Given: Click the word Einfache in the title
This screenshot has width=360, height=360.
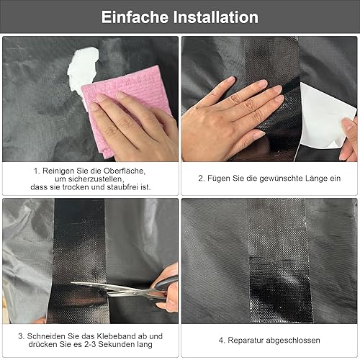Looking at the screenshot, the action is (135, 17).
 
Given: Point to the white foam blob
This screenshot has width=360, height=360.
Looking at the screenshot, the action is (82, 72).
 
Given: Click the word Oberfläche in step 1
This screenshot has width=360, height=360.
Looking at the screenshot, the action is (125, 171).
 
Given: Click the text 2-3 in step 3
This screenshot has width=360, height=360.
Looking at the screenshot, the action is (90, 344).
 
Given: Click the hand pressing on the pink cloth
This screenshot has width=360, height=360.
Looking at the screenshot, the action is (135, 127).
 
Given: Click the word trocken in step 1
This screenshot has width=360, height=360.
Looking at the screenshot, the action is (76, 187).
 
